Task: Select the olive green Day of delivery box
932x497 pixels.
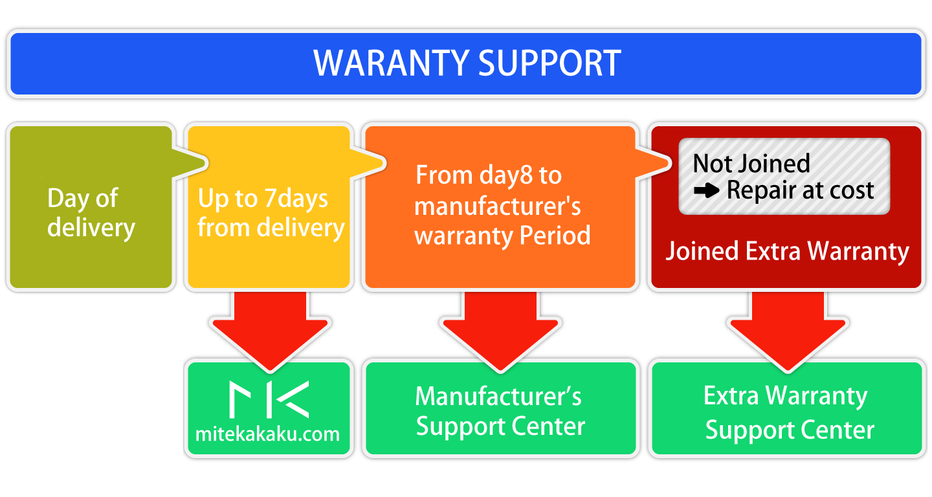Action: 91,207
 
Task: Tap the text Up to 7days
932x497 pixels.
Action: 263,198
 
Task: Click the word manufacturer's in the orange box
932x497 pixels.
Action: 497,206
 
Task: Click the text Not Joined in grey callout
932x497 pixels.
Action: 751,163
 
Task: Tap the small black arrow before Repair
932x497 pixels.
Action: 707,191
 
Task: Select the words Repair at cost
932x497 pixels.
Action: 801,190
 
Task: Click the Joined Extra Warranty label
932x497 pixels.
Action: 787,251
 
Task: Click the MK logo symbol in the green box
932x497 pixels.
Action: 269,399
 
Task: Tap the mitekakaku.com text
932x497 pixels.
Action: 267,434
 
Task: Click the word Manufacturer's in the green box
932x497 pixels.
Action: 498,396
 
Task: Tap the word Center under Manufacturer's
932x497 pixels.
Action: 551,427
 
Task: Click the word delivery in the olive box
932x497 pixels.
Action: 91,228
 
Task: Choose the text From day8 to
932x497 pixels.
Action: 488,175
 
